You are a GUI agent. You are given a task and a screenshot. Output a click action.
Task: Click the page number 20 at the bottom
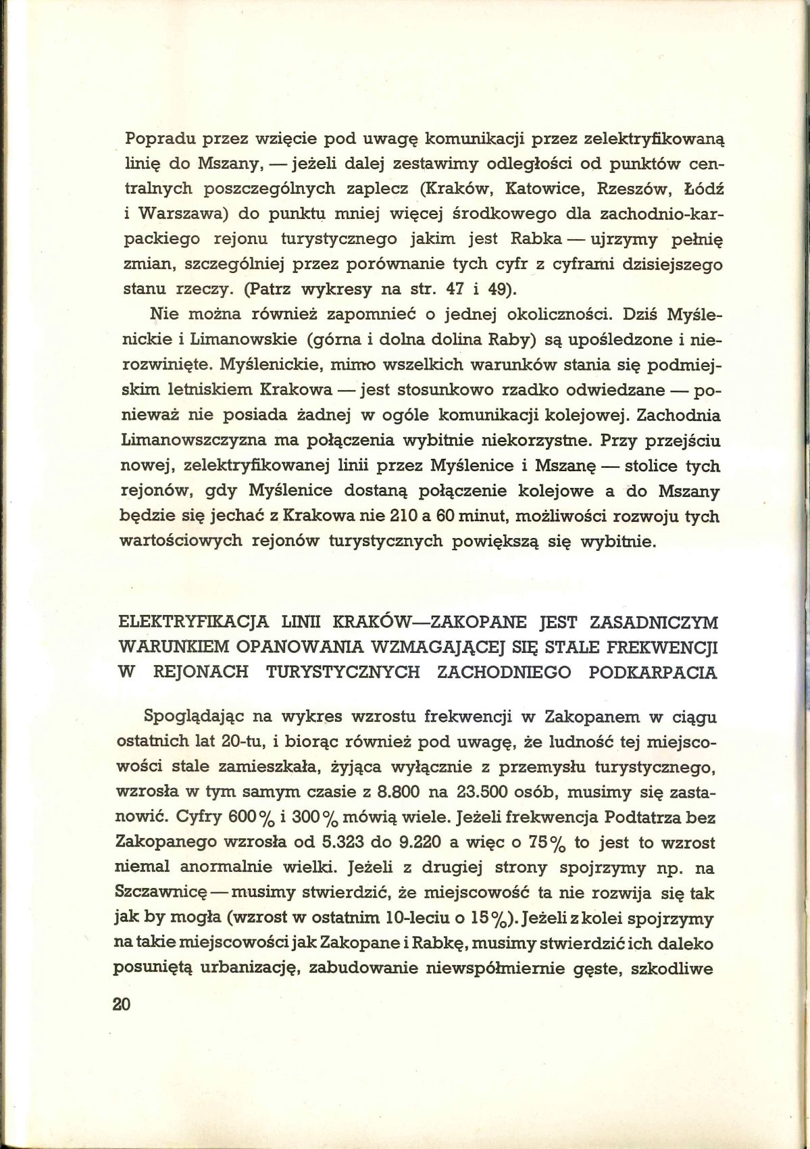(121, 1003)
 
